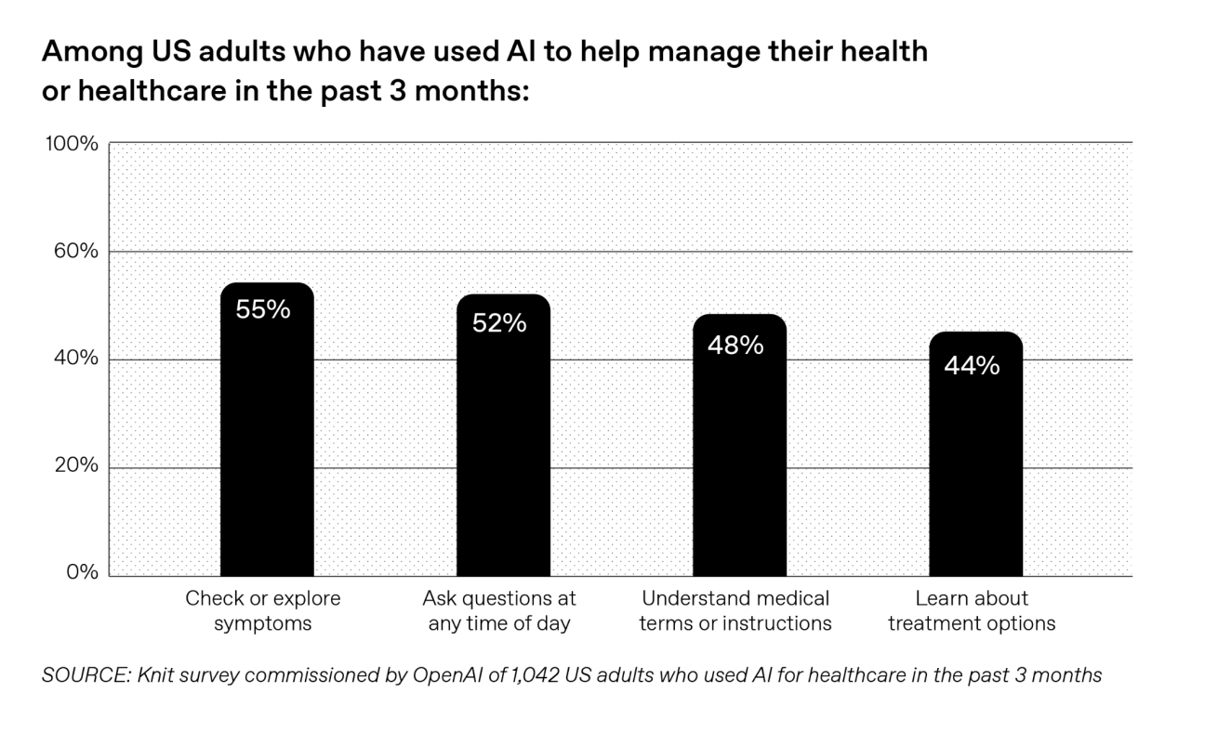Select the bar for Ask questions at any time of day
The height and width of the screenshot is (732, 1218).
tap(503, 446)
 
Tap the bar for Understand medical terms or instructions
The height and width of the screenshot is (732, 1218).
tap(739, 455)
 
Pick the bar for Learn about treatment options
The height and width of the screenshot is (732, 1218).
tap(975, 464)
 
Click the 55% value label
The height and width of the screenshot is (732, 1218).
tap(263, 310)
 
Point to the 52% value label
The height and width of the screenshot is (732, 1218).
tap(499, 323)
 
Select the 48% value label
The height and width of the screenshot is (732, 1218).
tap(735, 346)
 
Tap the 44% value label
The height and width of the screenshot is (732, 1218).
tap(972, 366)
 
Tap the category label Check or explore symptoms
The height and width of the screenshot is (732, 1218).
tap(263, 610)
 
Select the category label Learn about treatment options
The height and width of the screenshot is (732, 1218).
tap(972, 610)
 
